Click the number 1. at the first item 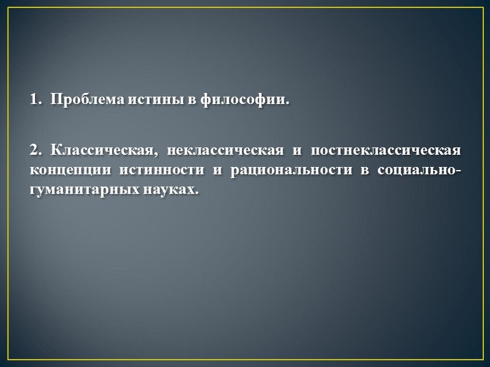(35, 99)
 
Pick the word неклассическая (224, 149)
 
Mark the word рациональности (288, 169)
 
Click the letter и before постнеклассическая (297, 149)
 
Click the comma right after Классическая (150, 154)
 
